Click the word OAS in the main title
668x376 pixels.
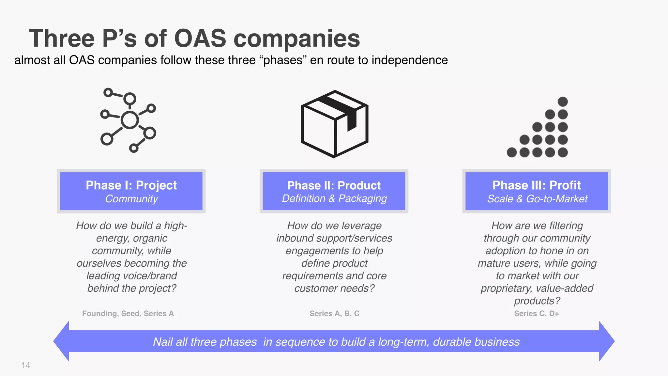(200, 39)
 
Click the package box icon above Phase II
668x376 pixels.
(334, 124)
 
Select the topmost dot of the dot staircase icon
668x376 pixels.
(563, 102)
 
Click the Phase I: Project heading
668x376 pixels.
(131, 185)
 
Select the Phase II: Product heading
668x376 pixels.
(334, 185)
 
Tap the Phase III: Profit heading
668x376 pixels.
(537, 185)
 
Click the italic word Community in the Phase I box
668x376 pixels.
(131, 199)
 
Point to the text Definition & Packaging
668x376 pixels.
(334, 199)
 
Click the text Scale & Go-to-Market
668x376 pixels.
(537, 199)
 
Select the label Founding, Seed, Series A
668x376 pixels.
(128, 314)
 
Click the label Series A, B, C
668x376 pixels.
(334, 314)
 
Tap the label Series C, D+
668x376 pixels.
(537, 314)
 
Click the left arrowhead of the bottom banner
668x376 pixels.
(62, 341)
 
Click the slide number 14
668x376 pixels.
(26, 365)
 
